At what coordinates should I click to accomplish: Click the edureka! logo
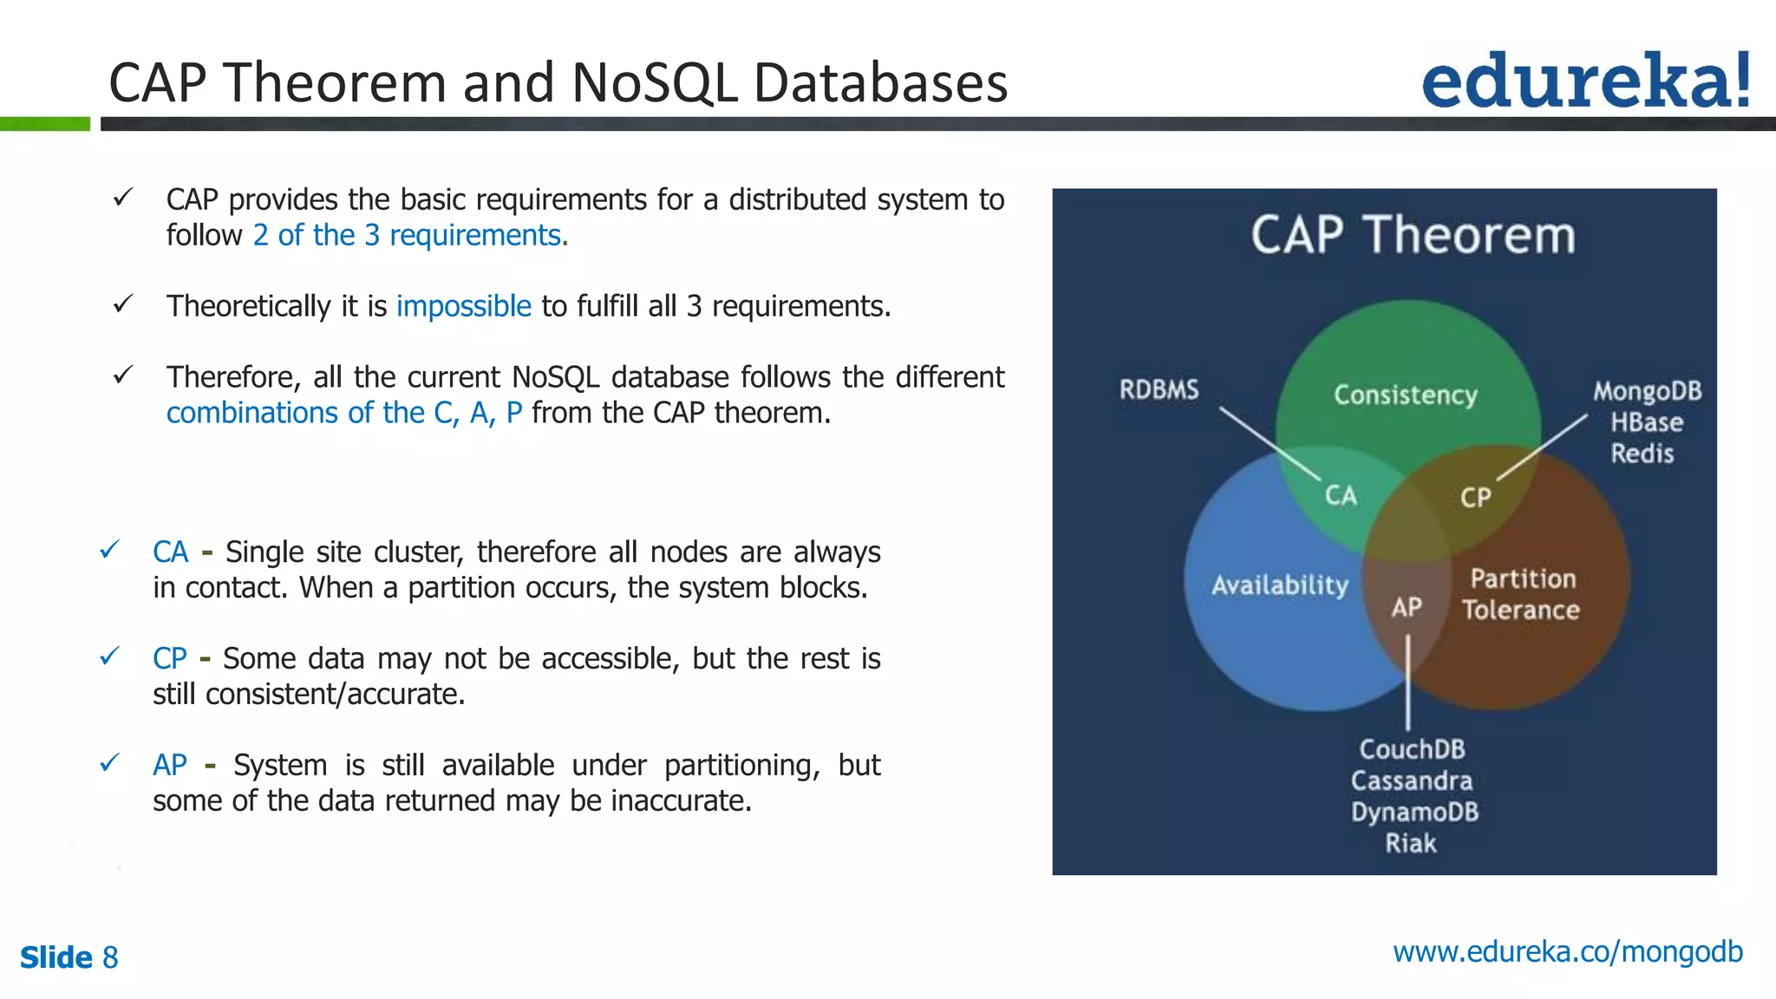(1585, 80)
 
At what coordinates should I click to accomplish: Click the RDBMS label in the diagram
(1159, 389)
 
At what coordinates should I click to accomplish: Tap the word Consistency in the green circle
(1405, 395)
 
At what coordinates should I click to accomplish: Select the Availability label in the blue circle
(1279, 585)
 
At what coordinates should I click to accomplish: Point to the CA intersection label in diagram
(1341, 495)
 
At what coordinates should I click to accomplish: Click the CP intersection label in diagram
(1475, 497)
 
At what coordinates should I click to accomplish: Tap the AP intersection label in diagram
(1407, 607)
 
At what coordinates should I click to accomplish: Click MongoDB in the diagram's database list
(1647, 391)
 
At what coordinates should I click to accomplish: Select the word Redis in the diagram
(1642, 454)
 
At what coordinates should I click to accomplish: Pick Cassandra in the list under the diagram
(1411, 780)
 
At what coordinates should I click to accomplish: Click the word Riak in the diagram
(1410, 843)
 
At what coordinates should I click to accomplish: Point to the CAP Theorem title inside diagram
(1413, 235)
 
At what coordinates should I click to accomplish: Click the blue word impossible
(463, 306)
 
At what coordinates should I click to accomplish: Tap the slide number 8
(110, 957)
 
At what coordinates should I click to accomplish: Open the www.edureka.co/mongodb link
(1567, 952)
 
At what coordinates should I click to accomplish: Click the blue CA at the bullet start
(170, 552)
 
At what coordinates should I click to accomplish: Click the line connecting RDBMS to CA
(1270, 444)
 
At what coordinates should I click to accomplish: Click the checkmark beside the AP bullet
(109, 763)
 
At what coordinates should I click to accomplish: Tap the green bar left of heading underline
(44, 124)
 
